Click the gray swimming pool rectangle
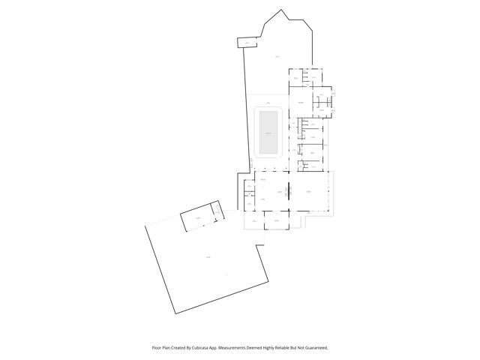[268, 132]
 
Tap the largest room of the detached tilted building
[196, 218]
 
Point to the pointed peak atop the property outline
[281, 10]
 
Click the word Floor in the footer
[157, 348]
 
